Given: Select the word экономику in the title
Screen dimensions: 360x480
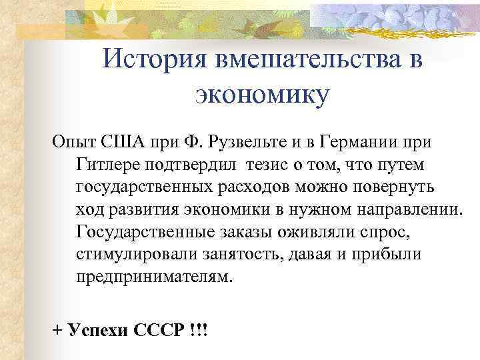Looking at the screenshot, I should tap(262, 95).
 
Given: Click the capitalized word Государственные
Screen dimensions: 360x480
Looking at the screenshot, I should tap(144, 233).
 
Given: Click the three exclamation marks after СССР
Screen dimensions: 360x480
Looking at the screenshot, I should tap(195, 331).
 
